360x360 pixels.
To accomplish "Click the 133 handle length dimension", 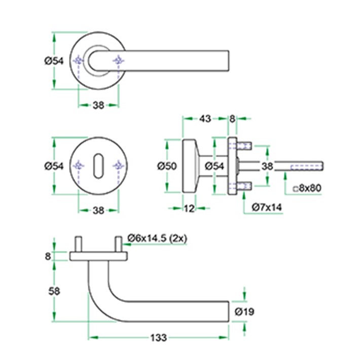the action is coord(158,338).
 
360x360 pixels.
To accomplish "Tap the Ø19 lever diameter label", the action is coord(244,311).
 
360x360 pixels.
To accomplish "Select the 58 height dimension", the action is coord(54,292).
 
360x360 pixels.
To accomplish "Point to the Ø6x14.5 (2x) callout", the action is coord(157,238).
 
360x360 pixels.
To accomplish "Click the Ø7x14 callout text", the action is coord(267,207).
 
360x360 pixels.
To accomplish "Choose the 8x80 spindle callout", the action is coord(307,188).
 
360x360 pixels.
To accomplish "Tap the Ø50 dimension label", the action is coord(167,166).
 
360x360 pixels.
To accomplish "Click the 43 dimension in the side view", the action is coord(205,119).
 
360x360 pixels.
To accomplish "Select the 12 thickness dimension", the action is coord(189,208).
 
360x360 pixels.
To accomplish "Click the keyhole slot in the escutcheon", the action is coord(98,165).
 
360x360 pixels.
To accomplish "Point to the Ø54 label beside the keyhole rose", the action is coord(54,166).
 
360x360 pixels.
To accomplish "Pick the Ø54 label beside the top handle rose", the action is coord(54,61).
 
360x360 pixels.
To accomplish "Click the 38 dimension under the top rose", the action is coord(98,105).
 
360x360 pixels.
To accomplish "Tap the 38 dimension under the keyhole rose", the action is coord(98,210).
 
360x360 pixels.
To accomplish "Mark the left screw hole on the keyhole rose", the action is coord(79,165).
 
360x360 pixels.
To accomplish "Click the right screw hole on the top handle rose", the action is coord(119,61).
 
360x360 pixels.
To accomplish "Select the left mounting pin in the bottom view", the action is coord(78,244).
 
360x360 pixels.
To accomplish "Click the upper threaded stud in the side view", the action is coord(244,146).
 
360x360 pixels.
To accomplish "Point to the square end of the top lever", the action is coord(229,61).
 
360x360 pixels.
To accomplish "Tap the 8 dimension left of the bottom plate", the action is coord(48,256).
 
